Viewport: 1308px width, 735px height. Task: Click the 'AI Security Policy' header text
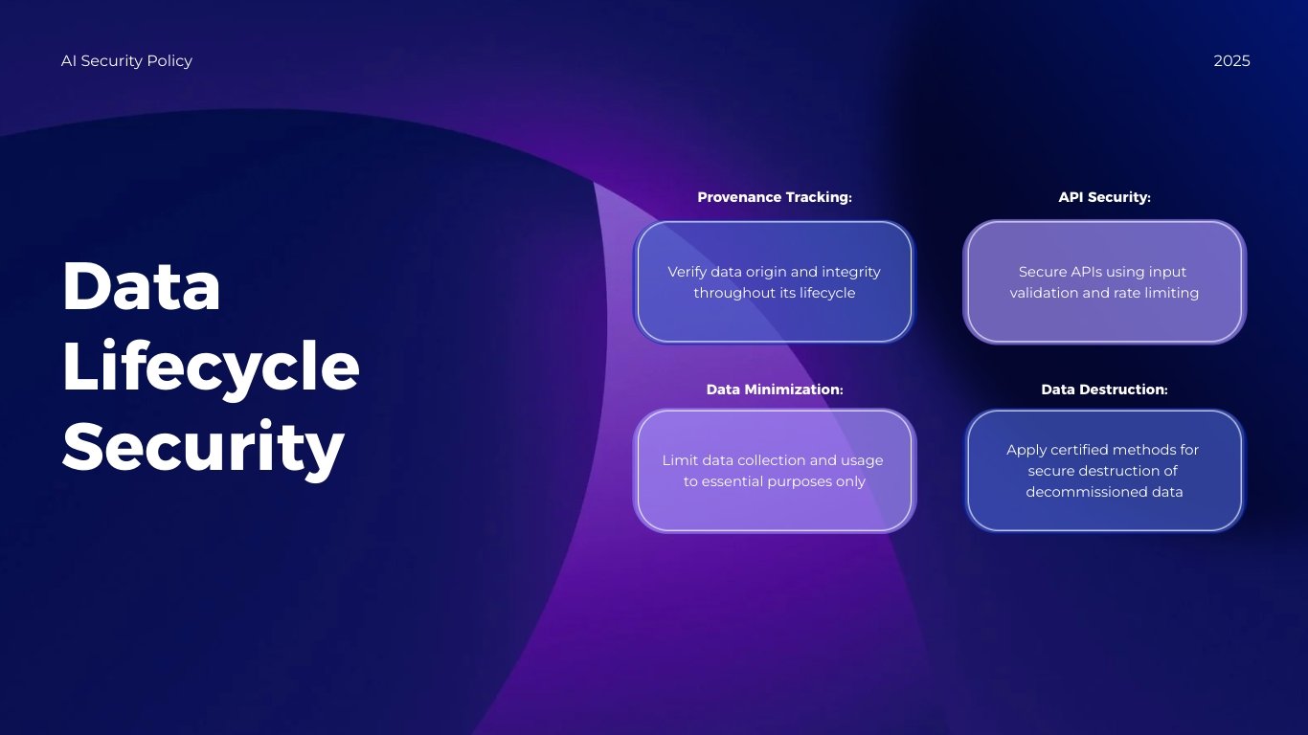(x=126, y=61)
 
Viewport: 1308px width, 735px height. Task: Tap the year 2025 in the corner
(x=1231, y=61)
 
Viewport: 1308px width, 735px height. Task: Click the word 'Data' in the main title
(x=142, y=286)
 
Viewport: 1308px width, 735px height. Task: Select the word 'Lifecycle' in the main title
(x=211, y=367)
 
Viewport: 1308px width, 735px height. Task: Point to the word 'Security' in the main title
(x=203, y=446)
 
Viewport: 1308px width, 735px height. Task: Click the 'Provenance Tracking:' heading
(x=774, y=197)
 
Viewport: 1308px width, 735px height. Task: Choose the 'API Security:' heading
(x=1104, y=197)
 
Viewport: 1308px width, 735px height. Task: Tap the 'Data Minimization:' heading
(x=774, y=390)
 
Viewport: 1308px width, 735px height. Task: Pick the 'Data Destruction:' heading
(x=1104, y=390)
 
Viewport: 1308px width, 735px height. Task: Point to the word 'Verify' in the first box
(x=688, y=272)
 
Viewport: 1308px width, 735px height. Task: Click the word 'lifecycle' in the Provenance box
(x=823, y=293)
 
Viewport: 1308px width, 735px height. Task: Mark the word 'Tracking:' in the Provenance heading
(x=819, y=197)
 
